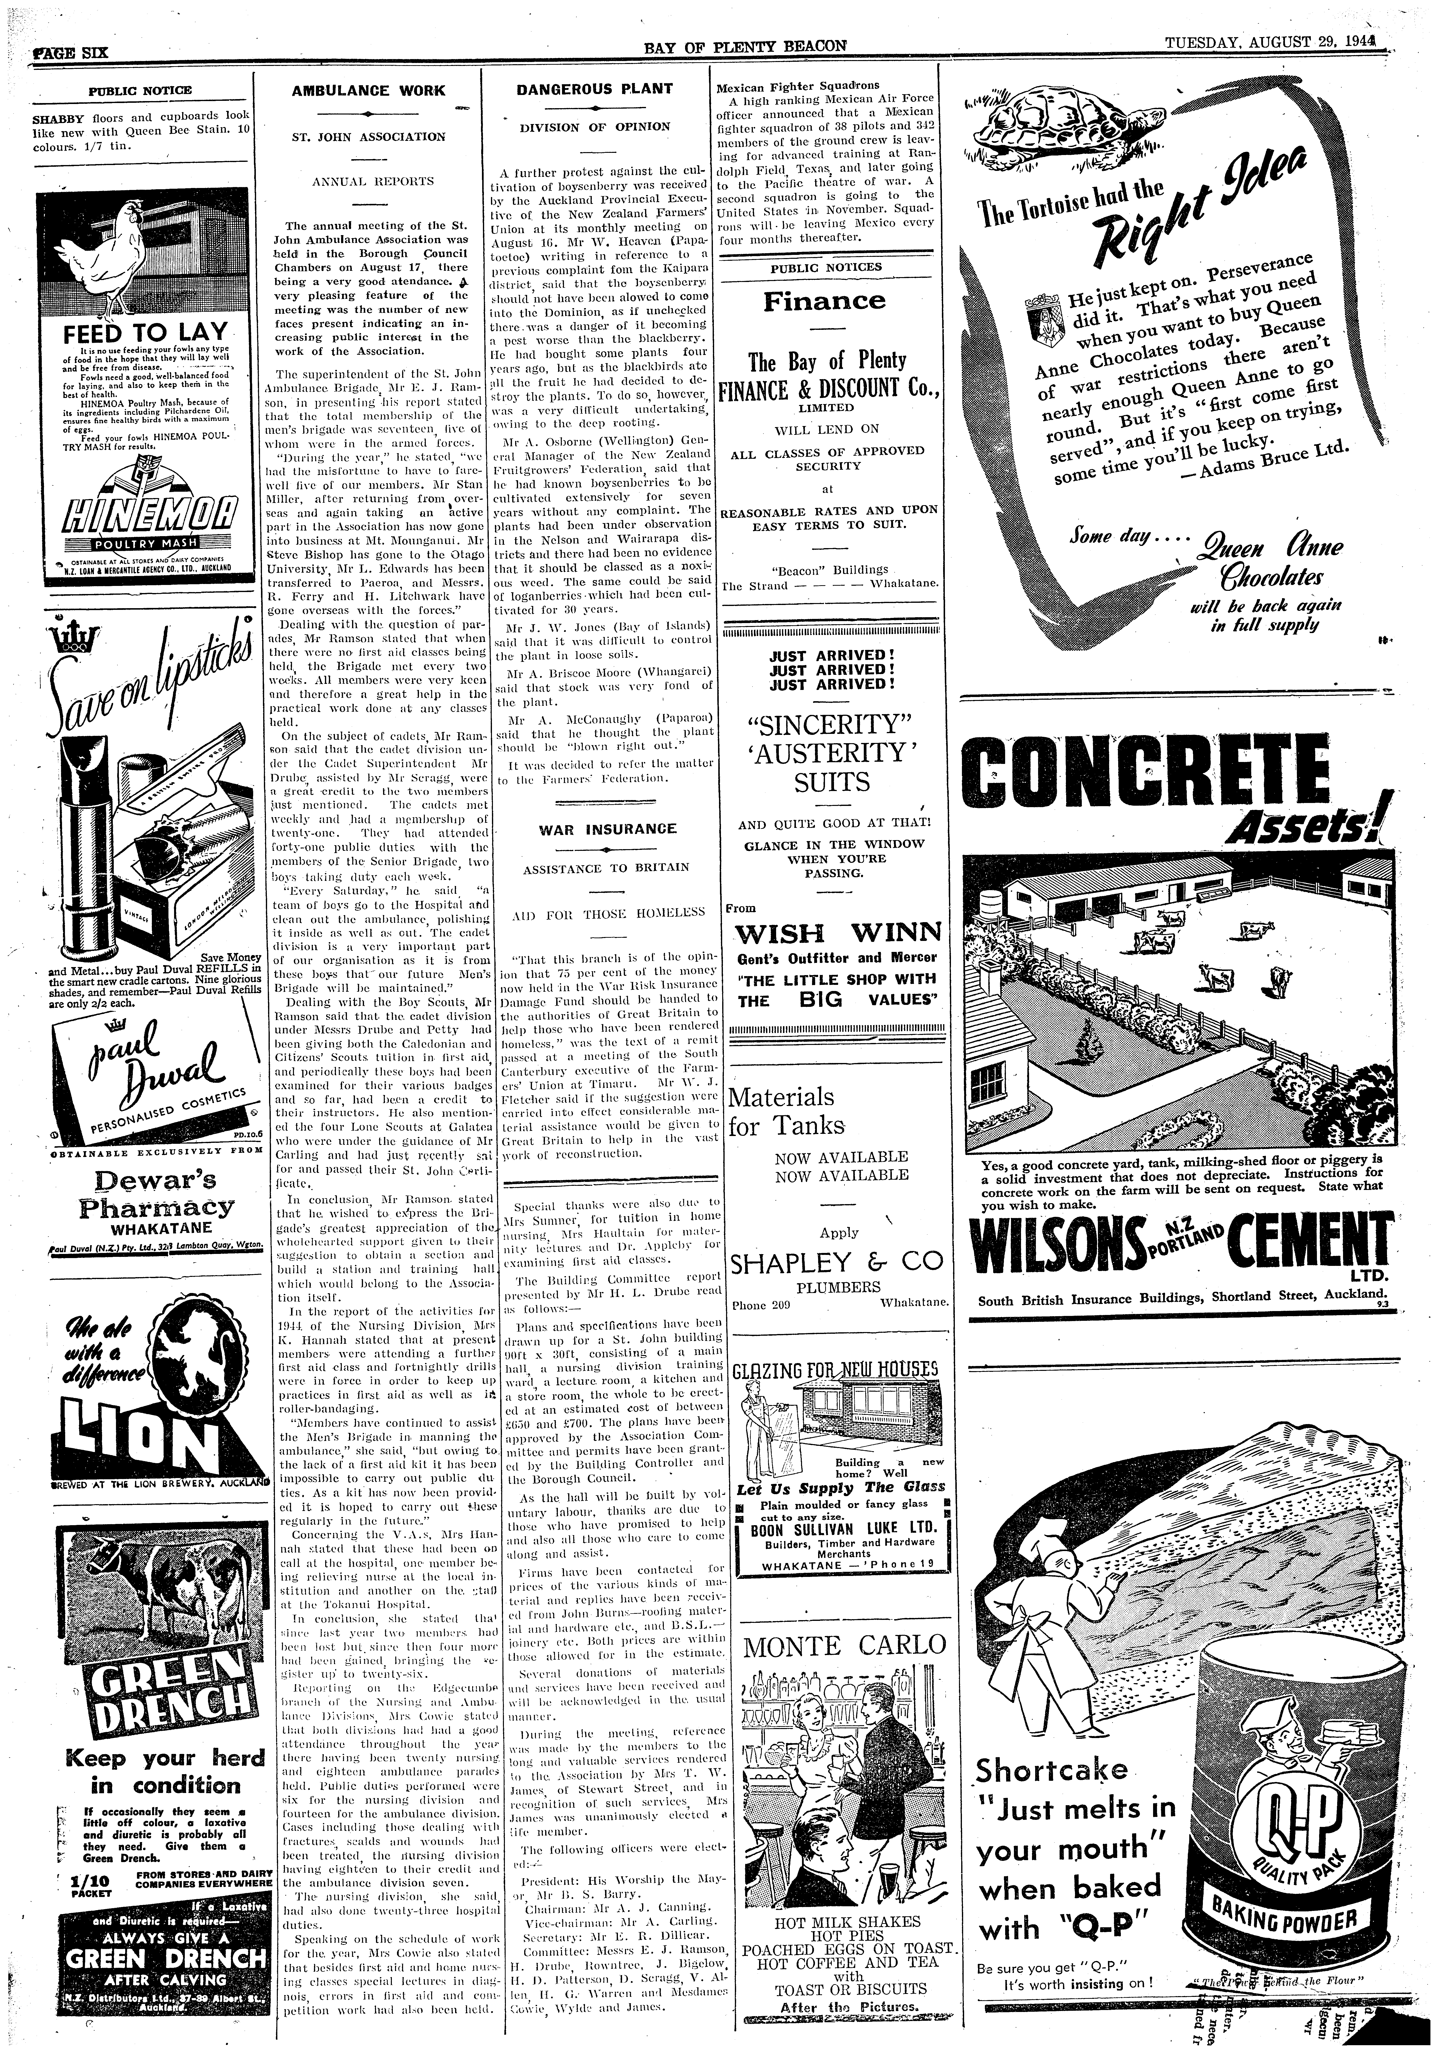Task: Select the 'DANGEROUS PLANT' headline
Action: point(595,89)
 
